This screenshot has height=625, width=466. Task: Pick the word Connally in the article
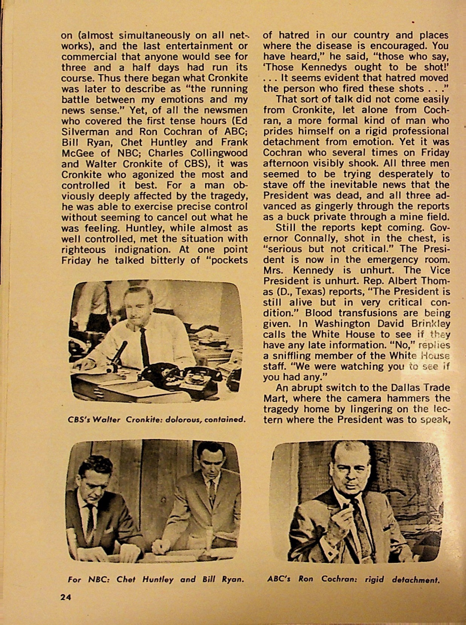[x=322, y=238]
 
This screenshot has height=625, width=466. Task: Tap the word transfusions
[x=368, y=313]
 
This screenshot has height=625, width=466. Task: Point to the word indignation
[x=143, y=249]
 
